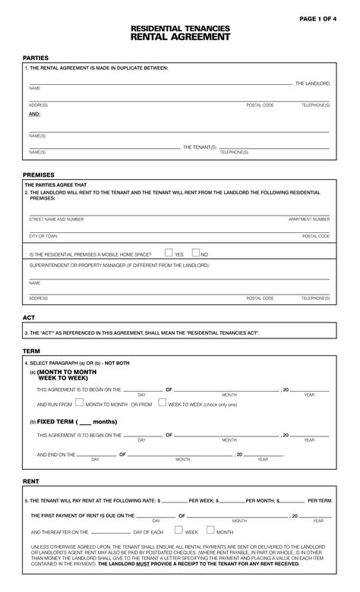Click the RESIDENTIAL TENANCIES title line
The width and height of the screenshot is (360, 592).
click(180, 28)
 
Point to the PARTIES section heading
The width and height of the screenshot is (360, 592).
click(36, 58)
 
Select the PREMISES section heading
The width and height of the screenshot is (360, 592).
click(39, 175)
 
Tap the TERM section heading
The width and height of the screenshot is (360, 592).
click(31, 352)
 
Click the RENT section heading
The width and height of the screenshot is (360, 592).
click(30, 481)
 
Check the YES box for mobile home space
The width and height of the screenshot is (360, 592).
click(169, 253)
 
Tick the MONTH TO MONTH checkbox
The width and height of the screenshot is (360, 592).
click(80, 404)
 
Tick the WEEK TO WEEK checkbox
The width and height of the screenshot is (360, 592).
click(162, 404)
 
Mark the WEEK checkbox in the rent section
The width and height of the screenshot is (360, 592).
click(179, 531)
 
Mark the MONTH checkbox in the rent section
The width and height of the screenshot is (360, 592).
click(210, 531)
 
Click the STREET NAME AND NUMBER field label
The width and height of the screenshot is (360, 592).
click(56, 219)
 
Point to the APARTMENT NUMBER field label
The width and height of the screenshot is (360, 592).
click(309, 219)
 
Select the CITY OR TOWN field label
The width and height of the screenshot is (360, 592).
click(43, 236)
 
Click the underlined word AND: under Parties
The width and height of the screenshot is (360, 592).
click(35, 114)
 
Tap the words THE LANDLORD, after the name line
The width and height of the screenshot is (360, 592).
click(312, 83)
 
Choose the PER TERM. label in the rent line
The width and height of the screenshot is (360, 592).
click(320, 501)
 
